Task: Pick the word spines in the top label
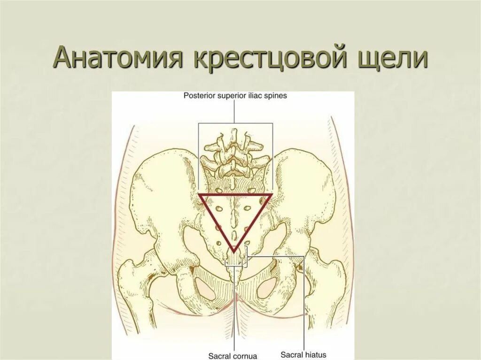276,95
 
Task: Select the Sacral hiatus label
303,354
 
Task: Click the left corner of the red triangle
199,194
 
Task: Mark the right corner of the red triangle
271,194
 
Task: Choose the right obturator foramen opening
266,284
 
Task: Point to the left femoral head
132,282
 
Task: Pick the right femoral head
334,282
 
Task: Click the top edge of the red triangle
235,194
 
